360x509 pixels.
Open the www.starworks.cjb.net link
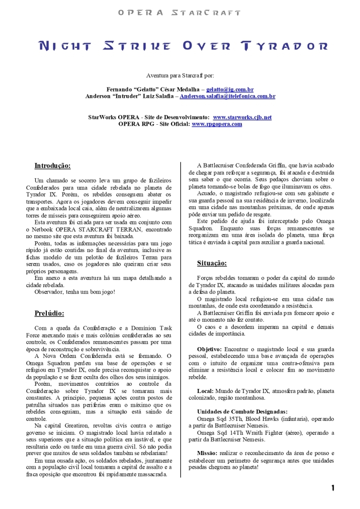[242, 117]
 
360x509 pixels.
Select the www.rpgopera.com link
[217, 124]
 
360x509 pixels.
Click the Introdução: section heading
[52, 166]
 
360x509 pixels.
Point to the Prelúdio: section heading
[49, 313]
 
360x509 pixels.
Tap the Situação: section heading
[212, 263]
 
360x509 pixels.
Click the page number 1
[333, 488]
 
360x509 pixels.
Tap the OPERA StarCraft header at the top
[179, 12]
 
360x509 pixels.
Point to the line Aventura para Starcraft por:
[180, 75]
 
